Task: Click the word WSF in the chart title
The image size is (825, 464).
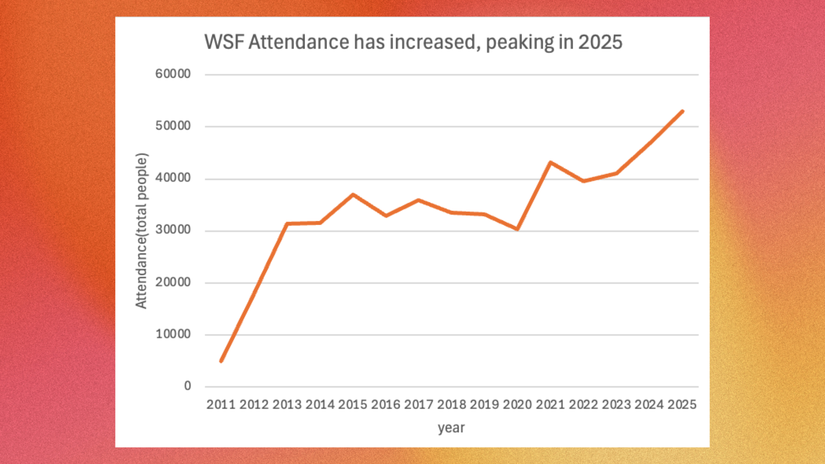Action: click(x=224, y=42)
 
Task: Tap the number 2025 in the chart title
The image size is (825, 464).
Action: click(x=600, y=42)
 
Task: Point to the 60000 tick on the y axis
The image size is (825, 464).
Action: click(x=173, y=74)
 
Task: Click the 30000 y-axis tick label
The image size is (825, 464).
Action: click(x=173, y=230)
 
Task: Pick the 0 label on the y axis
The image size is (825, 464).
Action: click(x=187, y=386)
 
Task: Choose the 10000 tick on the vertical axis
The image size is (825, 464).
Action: click(x=173, y=334)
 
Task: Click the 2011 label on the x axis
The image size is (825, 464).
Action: click(x=221, y=404)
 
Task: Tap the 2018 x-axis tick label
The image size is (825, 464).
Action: click(x=452, y=404)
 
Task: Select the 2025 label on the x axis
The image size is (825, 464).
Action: click(x=682, y=404)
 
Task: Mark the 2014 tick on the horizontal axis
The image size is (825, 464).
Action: click(x=320, y=404)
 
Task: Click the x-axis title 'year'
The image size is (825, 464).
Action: click(x=451, y=428)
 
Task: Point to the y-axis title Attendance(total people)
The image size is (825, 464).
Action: click(x=141, y=231)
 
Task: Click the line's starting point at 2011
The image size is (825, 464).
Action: click(x=221, y=361)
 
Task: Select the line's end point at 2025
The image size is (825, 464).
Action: click(x=682, y=111)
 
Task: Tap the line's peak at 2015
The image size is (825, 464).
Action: click(x=353, y=195)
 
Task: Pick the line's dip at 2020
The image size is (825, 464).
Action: click(x=517, y=229)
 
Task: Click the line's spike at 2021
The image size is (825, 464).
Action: click(x=550, y=162)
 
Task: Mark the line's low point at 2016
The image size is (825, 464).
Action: click(x=386, y=216)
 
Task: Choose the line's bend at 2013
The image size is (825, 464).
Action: click(x=287, y=223)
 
